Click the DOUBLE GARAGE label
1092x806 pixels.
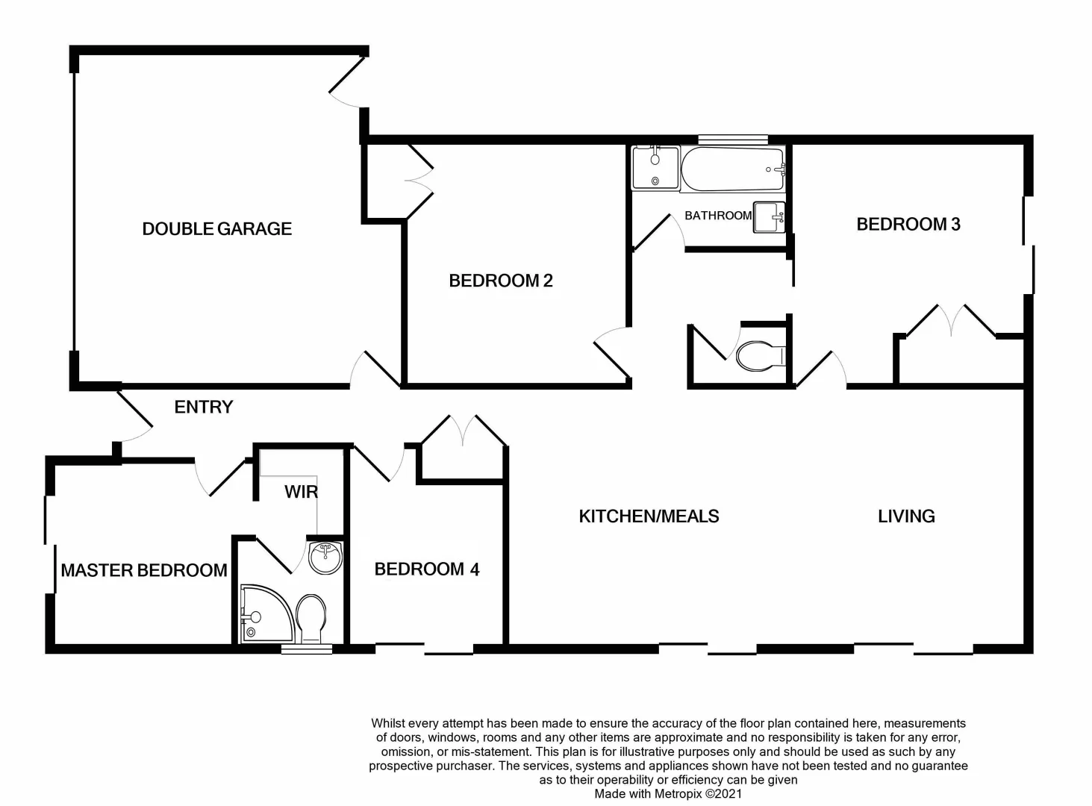pyautogui.click(x=216, y=229)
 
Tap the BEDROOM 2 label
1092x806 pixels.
pyautogui.click(x=500, y=281)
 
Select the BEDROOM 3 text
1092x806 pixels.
pyautogui.click(x=908, y=224)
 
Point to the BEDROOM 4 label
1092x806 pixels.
pyautogui.click(x=426, y=569)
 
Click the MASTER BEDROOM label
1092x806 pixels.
pyautogui.click(x=143, y=570)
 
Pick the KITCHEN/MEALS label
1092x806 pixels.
pyautogui.click(x=649, y=516)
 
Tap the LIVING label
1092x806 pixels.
pyautogui.click(x=906, y=516)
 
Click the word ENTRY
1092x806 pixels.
pyautogui.click(x=203, y=407)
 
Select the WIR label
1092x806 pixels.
pyautogui.click(x=301, y=492)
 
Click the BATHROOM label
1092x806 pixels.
pyautogui.click(x=717, y=216)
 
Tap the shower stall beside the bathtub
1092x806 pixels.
pyautogui.click(x=655, y=168)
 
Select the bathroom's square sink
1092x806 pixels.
pyautogui.click(x=768, y=217)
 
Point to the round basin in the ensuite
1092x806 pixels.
pyautogui.click(x=325, y=557)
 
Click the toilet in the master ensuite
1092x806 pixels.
pyautogui.click(x=310, y=618)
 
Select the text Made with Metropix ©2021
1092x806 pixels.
pyautogui.click(x=668, y=794)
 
